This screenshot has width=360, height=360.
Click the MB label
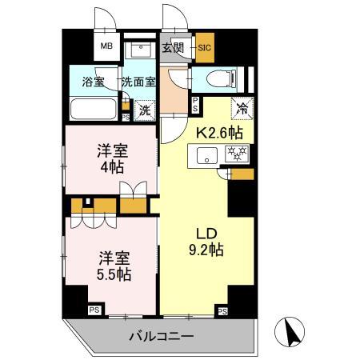point(106,46)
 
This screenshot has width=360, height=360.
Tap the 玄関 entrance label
point(173,47)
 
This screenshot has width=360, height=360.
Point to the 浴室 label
point(94,81)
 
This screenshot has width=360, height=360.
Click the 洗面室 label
point(138,81)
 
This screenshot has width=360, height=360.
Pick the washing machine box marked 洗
point(145,110)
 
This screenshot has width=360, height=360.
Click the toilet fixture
point(221,78)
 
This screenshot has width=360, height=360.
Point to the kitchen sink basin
point(206,158)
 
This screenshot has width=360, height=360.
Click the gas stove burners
point(238,154)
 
